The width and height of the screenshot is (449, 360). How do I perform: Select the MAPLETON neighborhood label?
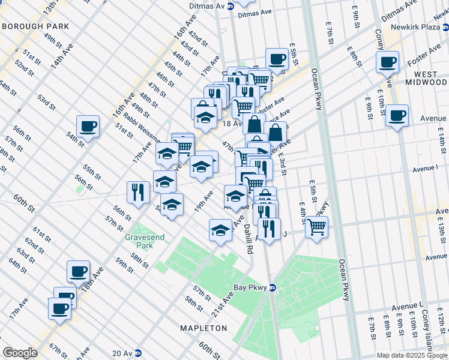[204, 328]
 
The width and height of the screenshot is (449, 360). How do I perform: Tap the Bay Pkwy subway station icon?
[272, 287]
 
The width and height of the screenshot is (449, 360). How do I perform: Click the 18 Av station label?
[232, 123]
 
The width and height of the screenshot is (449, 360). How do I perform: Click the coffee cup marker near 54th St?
[88, 127]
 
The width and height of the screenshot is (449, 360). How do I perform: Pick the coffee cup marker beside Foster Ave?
[388, 62]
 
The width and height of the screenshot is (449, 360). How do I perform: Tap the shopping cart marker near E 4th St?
[316, 227]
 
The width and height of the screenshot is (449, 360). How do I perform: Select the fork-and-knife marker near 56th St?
[138, 193]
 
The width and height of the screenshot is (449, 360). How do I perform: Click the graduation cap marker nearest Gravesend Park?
[172, 205]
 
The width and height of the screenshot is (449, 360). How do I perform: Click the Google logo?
[20, 353]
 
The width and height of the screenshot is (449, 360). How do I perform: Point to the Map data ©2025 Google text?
[411, 355]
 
